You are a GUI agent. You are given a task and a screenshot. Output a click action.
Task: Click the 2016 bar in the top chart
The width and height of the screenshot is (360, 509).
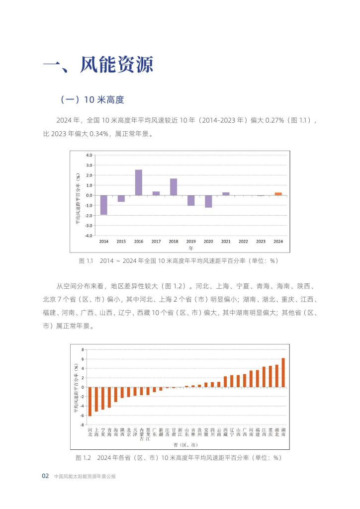point(139,182)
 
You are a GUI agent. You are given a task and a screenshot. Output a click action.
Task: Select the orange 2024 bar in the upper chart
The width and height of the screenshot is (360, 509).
point(278,194)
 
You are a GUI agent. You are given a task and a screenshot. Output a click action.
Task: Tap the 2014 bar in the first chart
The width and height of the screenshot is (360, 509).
point(103,205)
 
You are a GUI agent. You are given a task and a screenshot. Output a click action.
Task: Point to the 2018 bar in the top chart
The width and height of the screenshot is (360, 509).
point(174,187)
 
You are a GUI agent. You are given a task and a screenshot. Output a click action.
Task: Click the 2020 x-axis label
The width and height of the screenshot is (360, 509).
point(208,242)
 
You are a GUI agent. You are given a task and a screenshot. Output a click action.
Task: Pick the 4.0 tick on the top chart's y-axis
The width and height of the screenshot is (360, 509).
point(89,155)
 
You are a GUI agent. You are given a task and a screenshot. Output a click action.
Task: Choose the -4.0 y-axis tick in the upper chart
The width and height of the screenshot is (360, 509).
point(89,236)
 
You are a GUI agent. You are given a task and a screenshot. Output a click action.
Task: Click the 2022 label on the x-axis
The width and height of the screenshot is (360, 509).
point(243,242)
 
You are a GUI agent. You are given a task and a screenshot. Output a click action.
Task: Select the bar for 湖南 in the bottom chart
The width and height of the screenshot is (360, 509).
point(283,373)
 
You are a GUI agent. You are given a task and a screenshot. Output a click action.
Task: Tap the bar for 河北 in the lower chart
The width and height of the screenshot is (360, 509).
point(90,402)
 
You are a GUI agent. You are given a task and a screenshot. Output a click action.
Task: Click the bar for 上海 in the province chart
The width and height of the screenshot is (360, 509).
point(96,399)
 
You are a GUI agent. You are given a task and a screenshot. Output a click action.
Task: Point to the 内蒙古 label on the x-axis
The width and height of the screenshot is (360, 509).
point(142,434)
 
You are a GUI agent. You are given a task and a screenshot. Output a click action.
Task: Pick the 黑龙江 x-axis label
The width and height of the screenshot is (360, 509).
point(148,434)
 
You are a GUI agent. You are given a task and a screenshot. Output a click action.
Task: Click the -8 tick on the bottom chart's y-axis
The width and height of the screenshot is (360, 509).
point(83,425)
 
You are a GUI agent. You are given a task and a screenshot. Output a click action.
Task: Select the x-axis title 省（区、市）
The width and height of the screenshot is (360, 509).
point(185,445)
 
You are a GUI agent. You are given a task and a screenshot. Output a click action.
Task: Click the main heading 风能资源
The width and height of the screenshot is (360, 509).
point(116,64)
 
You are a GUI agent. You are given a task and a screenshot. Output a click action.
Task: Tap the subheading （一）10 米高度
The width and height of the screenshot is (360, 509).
point(92,99)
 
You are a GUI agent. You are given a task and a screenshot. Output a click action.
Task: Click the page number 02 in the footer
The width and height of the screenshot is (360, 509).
point(45,476)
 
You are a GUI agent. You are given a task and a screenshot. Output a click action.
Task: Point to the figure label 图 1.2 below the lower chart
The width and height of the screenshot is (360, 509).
point(83,458)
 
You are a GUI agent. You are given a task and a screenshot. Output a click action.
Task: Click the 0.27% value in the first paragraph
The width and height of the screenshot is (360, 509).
point(274,120)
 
